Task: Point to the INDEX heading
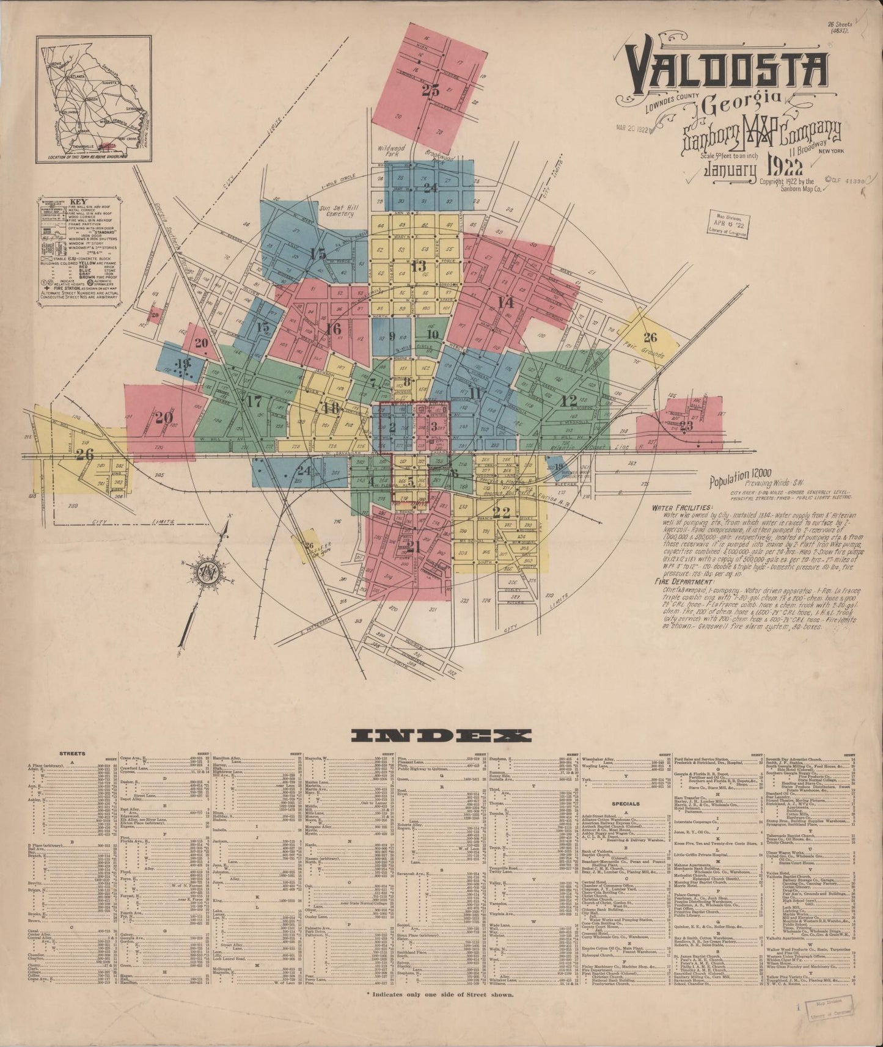coord(441,735)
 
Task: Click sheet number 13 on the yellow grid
coord(418,266)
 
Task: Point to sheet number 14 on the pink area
coord(505,302)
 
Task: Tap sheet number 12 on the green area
coord(569,401)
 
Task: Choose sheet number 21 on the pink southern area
coord(414,547)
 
